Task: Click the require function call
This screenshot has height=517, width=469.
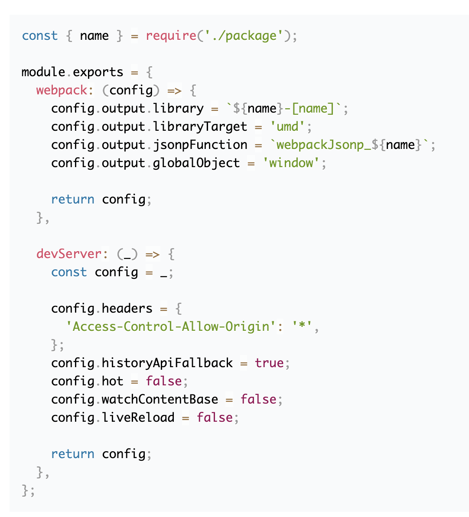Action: click(171, 36)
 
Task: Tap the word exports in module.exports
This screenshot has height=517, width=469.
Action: click(98, 72)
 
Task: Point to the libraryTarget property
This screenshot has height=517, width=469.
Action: click(200, 126)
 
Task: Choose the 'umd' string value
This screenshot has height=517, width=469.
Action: click(287, 126)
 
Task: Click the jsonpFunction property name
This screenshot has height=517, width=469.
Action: click(200, 145)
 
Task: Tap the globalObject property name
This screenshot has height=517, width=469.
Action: click(196, 163)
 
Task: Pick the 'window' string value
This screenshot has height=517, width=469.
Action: click(291, 163)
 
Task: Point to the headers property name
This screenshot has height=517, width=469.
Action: click(127, 308)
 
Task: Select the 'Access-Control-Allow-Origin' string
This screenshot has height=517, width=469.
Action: click(171, 326)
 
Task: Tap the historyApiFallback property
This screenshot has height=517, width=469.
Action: click(167, 363)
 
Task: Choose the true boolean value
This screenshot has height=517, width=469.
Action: click(269, 363)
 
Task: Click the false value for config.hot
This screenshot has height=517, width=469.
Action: click(163, 381)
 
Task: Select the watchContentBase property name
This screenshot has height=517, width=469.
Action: click(160, 399)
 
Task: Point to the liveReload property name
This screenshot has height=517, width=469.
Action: click(138, 417)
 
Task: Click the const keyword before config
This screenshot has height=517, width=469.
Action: click(69, 272)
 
